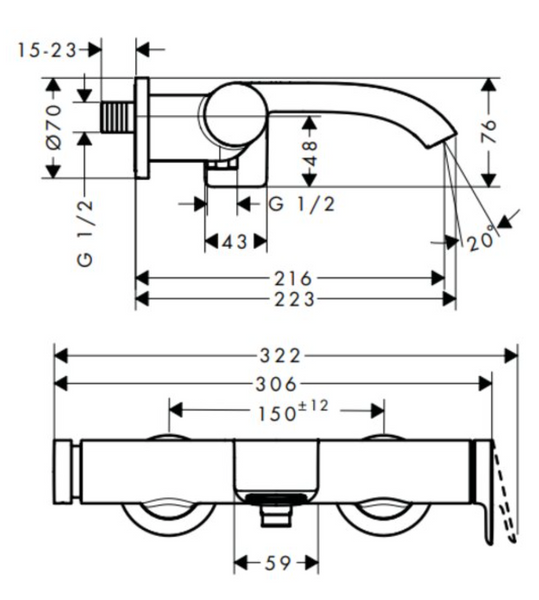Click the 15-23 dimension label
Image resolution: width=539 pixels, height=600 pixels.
click(x=47, y=50)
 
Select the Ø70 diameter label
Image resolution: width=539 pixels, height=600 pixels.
click(x=54, y=127)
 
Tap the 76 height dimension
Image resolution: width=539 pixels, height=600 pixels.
click(x=489, y=132)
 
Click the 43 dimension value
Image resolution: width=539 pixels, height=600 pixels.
click(x=235, y=241)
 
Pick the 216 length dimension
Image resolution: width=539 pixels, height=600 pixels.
click(x=293, y=279)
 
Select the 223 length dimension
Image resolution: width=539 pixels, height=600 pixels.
click(x=294, y=299)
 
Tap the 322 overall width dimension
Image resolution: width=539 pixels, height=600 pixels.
click(x=281, y=356)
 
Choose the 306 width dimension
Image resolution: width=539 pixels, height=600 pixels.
click(x=276, y=384)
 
